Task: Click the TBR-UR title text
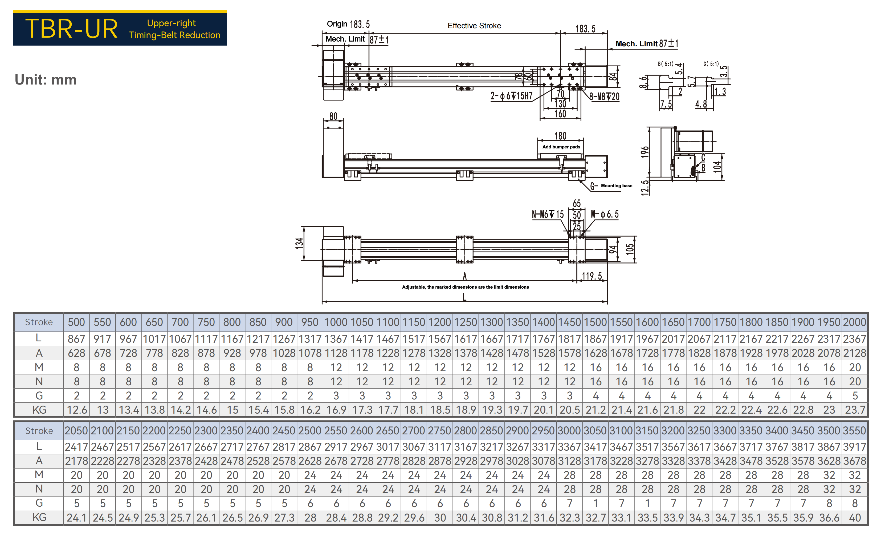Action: [x=72, y=29]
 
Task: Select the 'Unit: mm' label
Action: [x=46, y=79]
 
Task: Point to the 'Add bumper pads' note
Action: [x=561, y=147]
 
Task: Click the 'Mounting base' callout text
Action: [x=617, y=186]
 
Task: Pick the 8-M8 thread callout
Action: [x=604, y=96]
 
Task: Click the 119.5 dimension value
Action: [x=592, y=276]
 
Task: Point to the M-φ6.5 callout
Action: [x=605, y=214]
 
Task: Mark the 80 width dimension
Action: [x=333, y=116]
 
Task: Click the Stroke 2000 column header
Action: [x=855, y=322]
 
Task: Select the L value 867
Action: [x=76, y=339]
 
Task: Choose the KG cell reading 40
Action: [x=855, y=518]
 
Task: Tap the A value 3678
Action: [x=855, y=461]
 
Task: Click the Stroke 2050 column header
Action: [x=76, y=430]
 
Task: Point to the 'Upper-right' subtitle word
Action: [x=171, y=23]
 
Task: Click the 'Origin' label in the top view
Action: [x=337, y=24]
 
